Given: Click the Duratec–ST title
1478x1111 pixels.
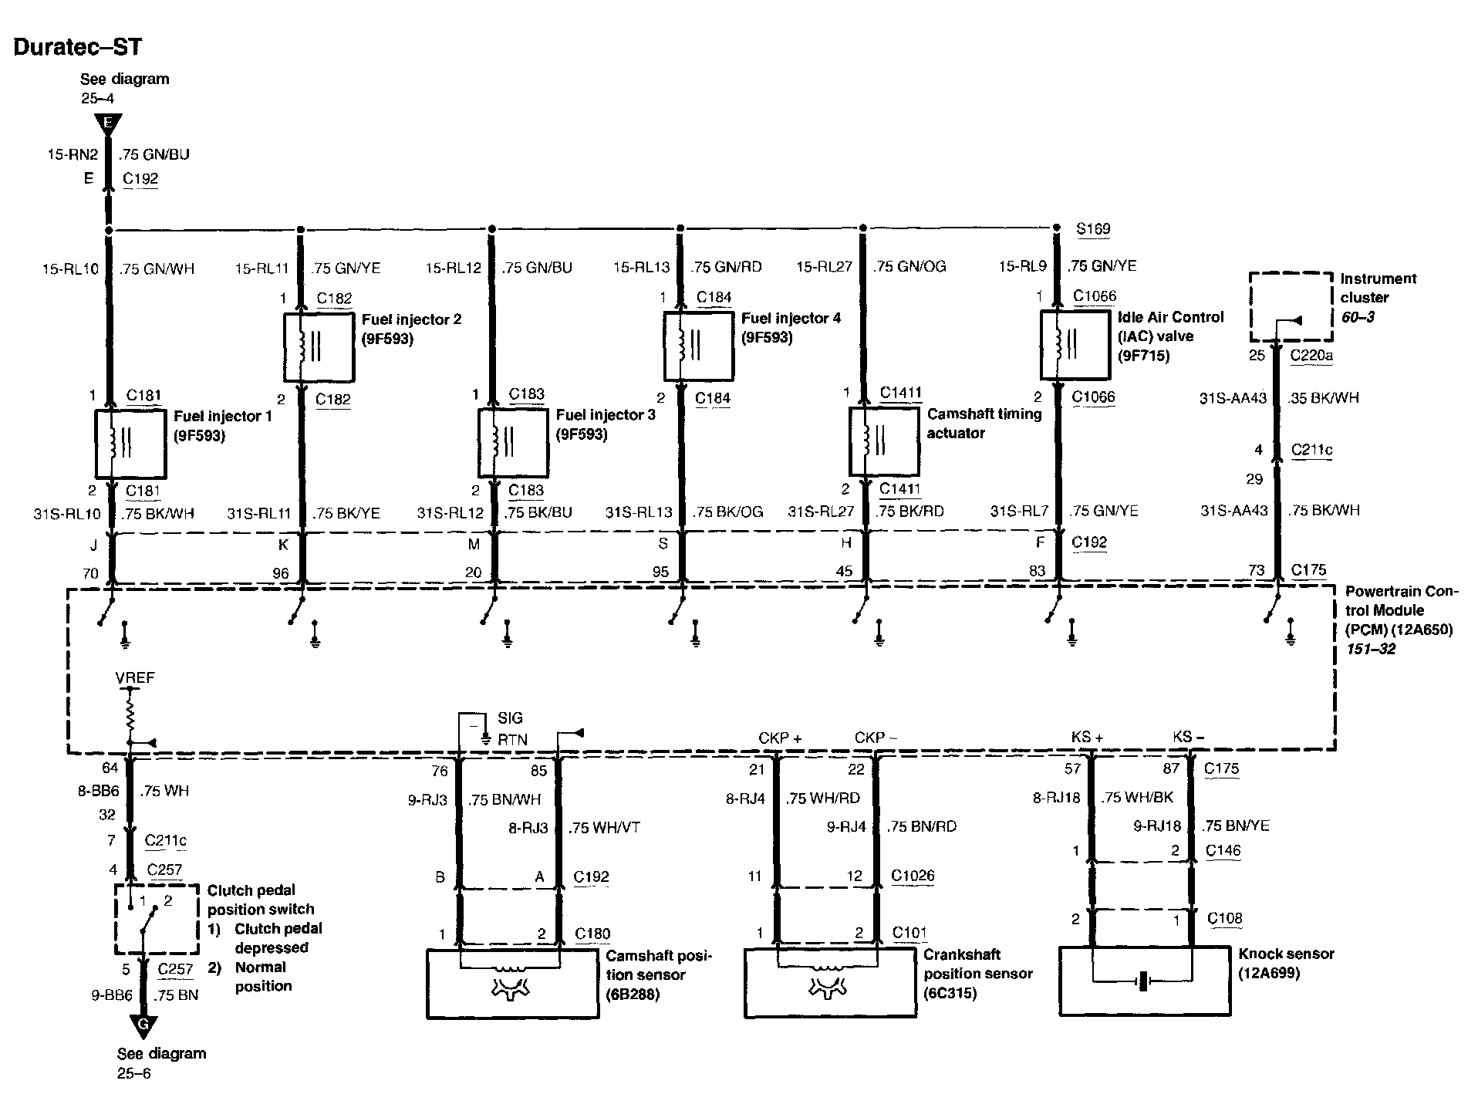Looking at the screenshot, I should coord(78,47).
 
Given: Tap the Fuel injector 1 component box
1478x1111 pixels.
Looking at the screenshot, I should coord(130,444).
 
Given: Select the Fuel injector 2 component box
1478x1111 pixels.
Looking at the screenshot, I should coord(319,346).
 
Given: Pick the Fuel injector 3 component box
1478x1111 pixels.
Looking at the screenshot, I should coord(513,443).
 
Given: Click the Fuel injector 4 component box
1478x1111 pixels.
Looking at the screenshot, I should coord(698,346).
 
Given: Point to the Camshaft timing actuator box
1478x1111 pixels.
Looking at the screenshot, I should coord(884,441).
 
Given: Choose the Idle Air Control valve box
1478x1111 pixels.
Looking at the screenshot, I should coord(1075,345).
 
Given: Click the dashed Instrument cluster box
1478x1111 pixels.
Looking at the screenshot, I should coord(1291,306).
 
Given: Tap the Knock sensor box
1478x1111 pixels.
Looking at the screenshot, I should coord(1145,981).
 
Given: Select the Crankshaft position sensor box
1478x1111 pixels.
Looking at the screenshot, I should coord(830,983).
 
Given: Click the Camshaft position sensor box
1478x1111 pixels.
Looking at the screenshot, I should coord(513,983).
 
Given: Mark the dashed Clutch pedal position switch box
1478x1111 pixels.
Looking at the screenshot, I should coord(156,919).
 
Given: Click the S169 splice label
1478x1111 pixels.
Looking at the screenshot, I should coord(1093,229).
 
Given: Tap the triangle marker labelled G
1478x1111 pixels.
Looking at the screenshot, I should coord(143,1026).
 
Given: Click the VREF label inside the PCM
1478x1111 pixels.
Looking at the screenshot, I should coord(135,678).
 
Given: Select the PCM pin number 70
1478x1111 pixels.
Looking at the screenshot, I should coord(90,573).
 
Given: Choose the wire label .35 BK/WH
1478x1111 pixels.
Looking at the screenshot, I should coord(1324,398).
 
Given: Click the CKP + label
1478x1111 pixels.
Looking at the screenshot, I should coord(780,738).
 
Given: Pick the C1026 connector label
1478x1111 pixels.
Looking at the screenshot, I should coord(913,876).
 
